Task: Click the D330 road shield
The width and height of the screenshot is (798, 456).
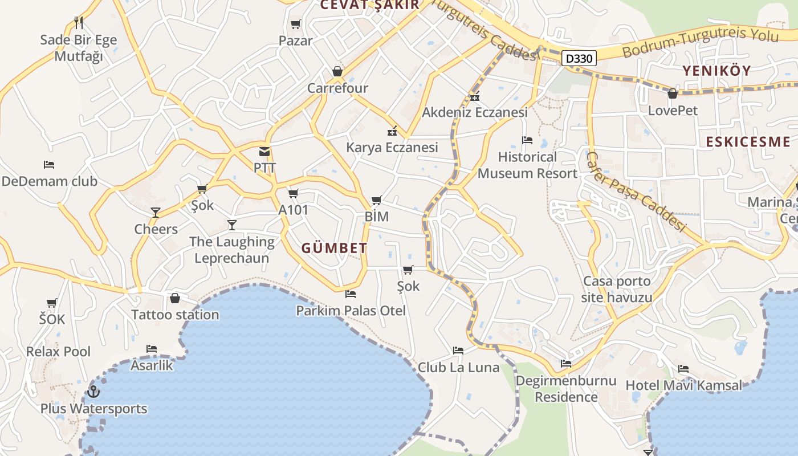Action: point(579,58)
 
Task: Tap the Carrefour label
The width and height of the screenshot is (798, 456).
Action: point(337,88)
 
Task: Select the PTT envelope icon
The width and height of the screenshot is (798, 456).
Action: point(264,152)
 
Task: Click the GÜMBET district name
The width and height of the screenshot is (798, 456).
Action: point(334,249)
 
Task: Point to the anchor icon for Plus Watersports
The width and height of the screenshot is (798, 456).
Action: point(93,392)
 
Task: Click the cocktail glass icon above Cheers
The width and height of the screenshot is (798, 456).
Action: point(155,213)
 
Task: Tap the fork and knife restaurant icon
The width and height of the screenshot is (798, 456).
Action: point(79,23)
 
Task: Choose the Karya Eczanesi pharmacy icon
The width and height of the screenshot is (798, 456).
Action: point(392,132)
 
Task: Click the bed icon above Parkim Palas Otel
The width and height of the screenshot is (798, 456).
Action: point(351,294)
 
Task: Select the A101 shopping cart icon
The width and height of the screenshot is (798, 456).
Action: point(294,194)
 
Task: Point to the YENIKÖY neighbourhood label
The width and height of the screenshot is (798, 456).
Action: point(716,71)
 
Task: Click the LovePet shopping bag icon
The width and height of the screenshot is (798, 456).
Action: point(673,93)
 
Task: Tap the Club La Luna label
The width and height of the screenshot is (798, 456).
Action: point(458,368)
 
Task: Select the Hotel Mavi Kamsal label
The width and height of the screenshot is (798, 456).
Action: point(684,386)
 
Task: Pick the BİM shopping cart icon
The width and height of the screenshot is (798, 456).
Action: point(376,201)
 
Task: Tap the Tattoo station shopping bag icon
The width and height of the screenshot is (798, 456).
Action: point(175,298)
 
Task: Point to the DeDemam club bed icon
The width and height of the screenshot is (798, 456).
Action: point(49,165)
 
